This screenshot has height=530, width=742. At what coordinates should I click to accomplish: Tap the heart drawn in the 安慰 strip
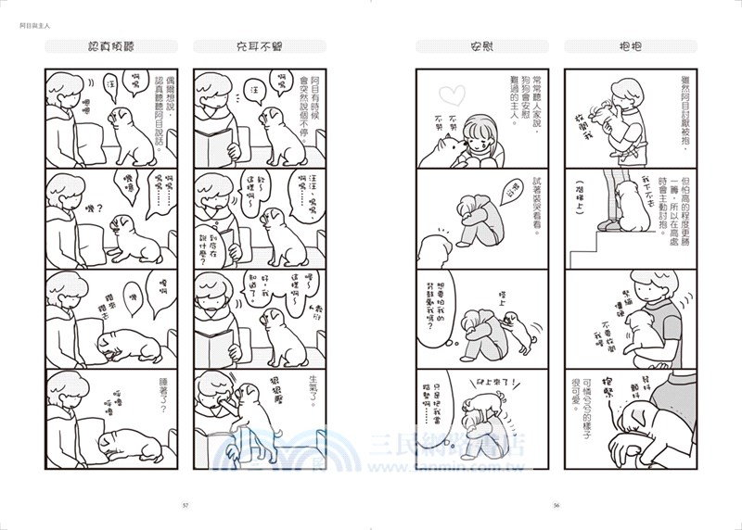pos(448,94)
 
